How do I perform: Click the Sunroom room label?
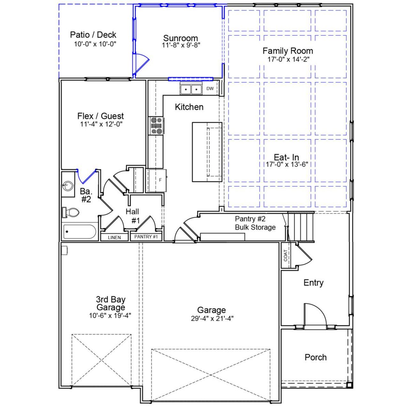(x=181, y=38)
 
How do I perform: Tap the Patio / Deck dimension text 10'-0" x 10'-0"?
(x=95, y=44)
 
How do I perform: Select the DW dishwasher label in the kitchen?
(x=210, y=89)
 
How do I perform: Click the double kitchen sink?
(x=191, y=89)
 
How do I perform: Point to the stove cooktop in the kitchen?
(x=157, y=126)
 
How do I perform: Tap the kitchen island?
(x=207, y=152)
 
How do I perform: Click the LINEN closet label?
(x=114, y=237)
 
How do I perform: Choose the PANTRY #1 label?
(x=146, y=237)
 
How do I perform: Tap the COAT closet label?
(x=285, y=256)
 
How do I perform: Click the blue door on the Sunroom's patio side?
(x=141, y=64)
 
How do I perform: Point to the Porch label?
(x=315, y=357)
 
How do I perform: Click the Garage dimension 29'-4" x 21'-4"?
(x=212, y=318)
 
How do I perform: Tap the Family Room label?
(x=288, y=51)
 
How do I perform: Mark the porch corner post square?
(x=349, y=384)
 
